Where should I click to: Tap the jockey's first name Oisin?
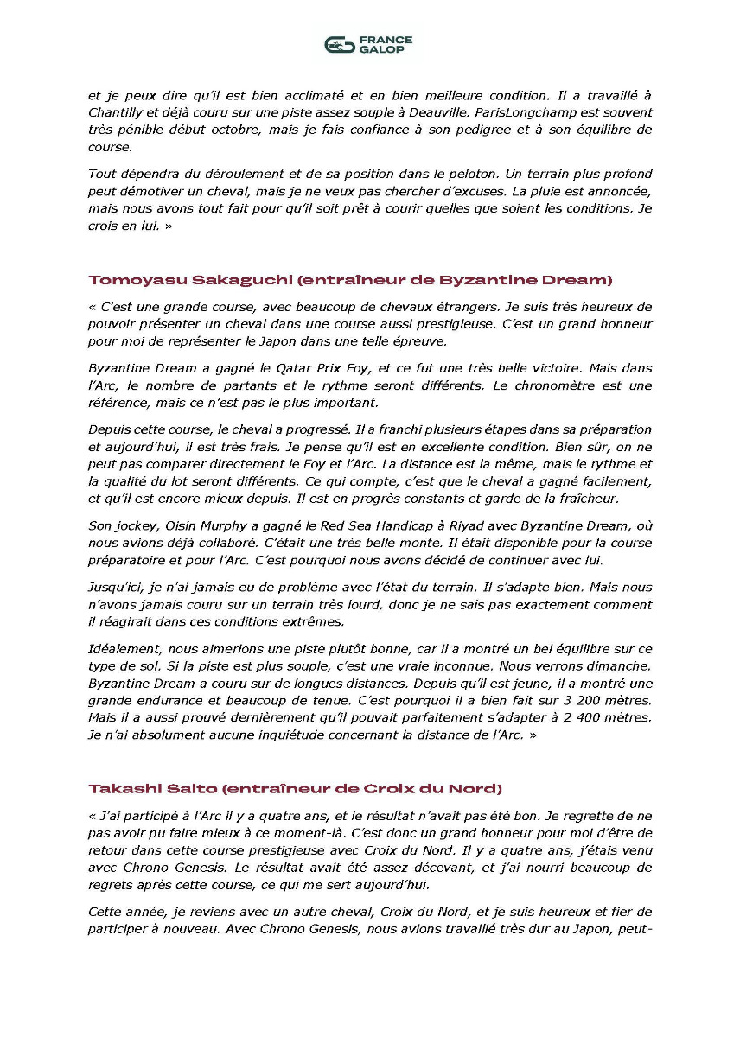172,525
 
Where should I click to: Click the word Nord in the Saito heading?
480,788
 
